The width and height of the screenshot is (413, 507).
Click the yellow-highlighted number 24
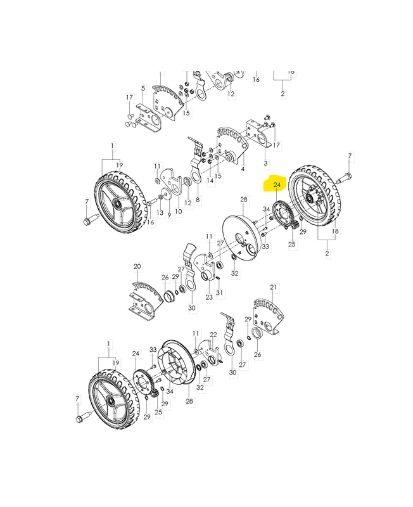(277, 185)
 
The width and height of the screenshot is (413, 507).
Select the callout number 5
(143, 88)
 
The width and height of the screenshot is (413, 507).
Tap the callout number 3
(265, 164)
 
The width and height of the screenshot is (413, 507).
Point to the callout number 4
(243, 169)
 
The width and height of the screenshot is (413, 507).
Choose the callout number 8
(198, 200)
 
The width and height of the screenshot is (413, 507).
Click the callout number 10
(179, 212)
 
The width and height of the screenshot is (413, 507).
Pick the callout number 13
(160, 212)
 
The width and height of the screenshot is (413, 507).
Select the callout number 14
(210, 180)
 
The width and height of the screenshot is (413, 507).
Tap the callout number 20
(137, 267)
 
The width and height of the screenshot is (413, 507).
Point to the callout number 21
(274, 287)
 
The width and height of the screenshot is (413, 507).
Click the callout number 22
(213, 335)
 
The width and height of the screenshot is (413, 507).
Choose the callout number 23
(209, 297)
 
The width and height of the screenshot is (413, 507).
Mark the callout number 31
(219, 293)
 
